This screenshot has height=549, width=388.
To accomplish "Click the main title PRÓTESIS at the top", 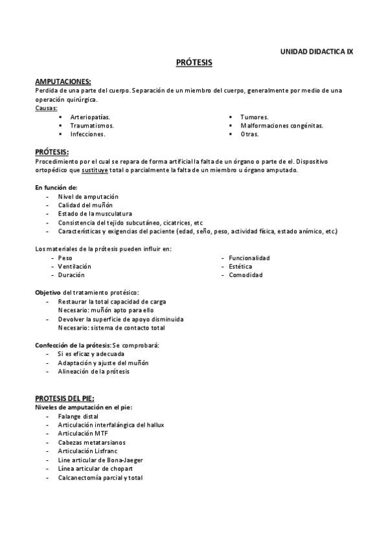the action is (x=194, y=63).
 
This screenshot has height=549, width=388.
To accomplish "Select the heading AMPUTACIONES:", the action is (x=63, y=81).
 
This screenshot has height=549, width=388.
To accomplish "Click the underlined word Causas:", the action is (x=46, y=108).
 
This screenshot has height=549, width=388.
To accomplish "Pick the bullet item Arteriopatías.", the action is (x=90, y=117).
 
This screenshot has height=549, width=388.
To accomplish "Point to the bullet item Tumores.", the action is (x=255, y=117).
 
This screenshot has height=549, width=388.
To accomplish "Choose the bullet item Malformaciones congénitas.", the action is (x=282, y=126).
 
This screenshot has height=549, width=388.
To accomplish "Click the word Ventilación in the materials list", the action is (x=74, y=266).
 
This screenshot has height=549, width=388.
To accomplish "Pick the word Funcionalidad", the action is (x=249, y=258).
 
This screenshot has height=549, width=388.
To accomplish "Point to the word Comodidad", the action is (x=245, y=275).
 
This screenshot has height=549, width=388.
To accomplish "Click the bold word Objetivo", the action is (x=49, y=293).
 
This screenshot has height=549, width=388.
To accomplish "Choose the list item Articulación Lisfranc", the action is (x=88, y=451).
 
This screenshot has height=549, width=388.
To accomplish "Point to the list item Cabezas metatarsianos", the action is (x=91, y=442).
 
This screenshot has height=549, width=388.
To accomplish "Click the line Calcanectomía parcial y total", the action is (x=100, y=478).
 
